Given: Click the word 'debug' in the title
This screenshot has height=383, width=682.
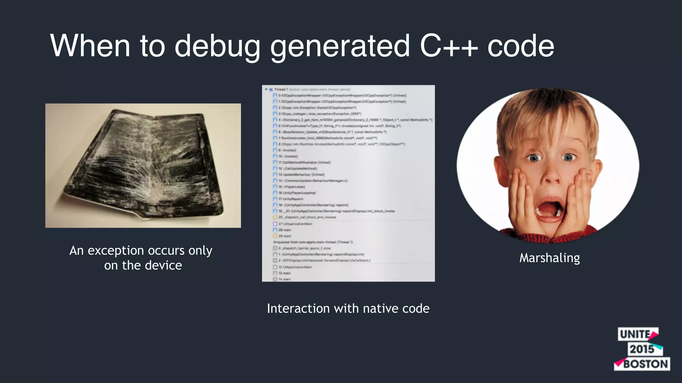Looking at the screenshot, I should coord(217,47).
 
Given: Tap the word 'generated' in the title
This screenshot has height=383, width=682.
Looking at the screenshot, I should coord(340,47).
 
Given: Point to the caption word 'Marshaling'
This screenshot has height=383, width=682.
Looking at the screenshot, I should coord(549,258).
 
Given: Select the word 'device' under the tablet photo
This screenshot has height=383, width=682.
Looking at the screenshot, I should coord(163,265).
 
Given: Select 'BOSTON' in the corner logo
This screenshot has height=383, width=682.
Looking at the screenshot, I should coord(645,364).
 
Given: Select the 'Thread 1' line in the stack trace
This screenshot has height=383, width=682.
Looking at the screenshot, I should coord(281,89).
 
